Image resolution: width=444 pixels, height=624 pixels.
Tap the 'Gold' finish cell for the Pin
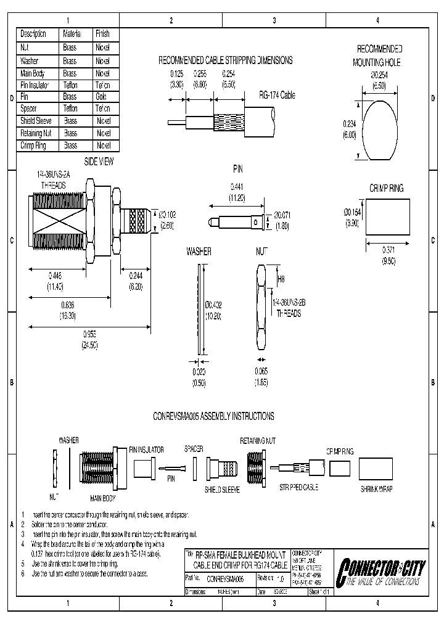102,97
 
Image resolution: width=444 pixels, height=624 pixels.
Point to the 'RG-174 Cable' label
277,96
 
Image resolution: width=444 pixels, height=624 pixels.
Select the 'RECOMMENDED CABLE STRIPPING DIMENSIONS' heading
226,60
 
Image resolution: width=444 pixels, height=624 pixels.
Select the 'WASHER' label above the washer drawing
199,252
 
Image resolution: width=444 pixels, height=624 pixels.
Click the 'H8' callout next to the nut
281,279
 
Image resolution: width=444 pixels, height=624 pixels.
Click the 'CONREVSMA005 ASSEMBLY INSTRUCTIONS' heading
213,416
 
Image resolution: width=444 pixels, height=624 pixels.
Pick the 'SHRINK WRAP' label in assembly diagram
377,488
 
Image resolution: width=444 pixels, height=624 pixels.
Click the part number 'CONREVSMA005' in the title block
226,579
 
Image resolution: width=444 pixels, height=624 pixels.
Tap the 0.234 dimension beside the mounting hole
349,123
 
